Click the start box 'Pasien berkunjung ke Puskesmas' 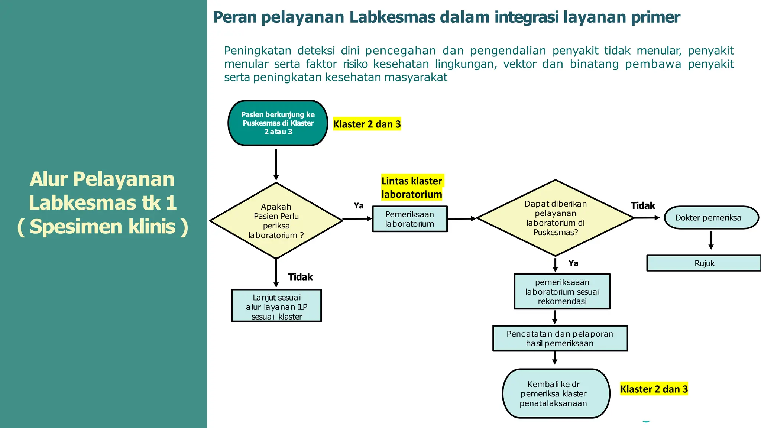tap(278, 123)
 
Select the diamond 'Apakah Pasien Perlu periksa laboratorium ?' tap(276, 221)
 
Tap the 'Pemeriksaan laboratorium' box tap(409, 219)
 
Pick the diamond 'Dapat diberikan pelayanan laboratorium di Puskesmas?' tap(555, 218)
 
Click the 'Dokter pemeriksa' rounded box tap(711, 218)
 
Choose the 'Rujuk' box tap(704, 263)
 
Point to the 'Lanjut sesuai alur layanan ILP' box tap(276, 306)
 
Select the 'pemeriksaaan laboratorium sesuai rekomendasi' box tap(562, 292)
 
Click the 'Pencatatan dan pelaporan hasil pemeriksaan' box tap(560, 338)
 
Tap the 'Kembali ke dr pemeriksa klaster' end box tap(556, 393)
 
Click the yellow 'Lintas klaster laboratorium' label tap(412, 187)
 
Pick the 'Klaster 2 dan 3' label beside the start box tap(367, 124)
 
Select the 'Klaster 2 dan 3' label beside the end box tap(654, 389)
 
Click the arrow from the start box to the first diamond tap(276, 164)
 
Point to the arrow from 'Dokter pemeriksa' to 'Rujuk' tap(711, 240)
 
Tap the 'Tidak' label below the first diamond tap(300, 277)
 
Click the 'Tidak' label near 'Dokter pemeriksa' tap(642, 205)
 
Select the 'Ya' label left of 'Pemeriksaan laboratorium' tap(359, 205)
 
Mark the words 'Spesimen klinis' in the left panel tap(103, 227)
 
